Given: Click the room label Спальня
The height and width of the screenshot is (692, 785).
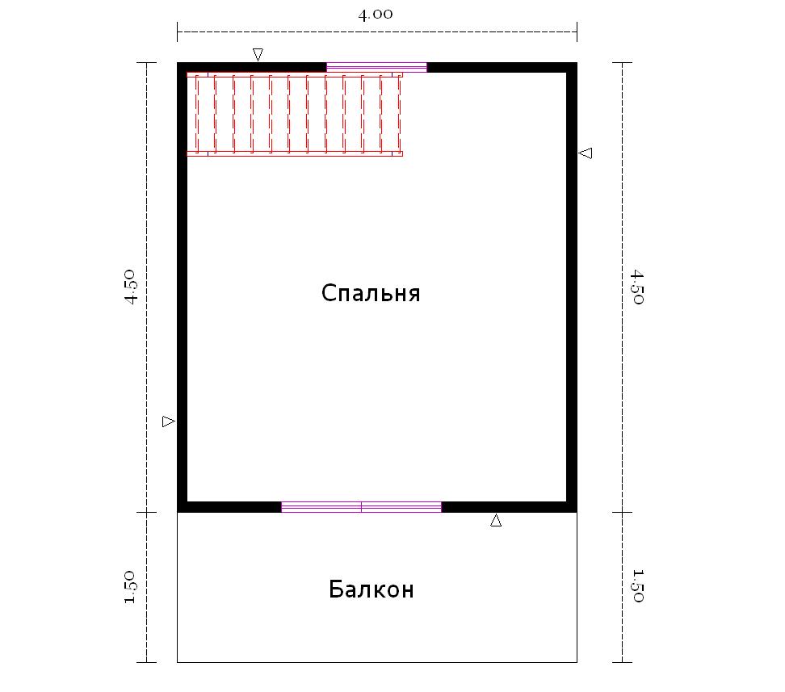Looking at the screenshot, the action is coord(371,293).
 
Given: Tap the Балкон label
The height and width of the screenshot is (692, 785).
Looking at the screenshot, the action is coord(372,589).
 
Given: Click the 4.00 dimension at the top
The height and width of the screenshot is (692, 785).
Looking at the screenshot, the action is coord(376,14).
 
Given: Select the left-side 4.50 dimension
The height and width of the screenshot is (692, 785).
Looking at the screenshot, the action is coord(130,287).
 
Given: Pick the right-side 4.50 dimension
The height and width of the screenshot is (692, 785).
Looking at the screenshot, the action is coord(637,287).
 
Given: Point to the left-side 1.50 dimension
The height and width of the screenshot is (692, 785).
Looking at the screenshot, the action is coord(130,586).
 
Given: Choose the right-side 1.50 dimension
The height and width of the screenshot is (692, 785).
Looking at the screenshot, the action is coord(637,586).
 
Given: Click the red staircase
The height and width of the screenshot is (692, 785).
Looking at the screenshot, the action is coord(295,114).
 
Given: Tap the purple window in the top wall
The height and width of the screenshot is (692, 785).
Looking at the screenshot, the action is coord(376,67).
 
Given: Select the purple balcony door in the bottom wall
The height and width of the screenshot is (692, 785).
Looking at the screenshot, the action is coord(362,507).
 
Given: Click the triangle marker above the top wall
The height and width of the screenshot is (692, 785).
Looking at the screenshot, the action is coord(258,54).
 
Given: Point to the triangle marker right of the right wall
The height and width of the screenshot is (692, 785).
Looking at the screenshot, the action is coord(586,153).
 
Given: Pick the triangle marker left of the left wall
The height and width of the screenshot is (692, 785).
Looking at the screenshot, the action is coord(169,421).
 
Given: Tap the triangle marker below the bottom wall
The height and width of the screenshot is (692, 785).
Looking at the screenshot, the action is coord(496,520).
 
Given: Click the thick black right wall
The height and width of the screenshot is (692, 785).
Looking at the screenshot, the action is coord(572,287).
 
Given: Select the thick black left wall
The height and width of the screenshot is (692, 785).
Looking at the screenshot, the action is coord(183,287).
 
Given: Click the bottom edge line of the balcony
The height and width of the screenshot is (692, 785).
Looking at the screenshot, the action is coord(377,662).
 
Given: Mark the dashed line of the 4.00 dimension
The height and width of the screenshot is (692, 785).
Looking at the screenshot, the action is coord(377,31).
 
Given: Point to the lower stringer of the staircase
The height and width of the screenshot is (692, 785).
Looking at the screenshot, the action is coord(295,153).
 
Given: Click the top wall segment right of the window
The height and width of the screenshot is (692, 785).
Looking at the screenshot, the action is coord(502,67).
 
